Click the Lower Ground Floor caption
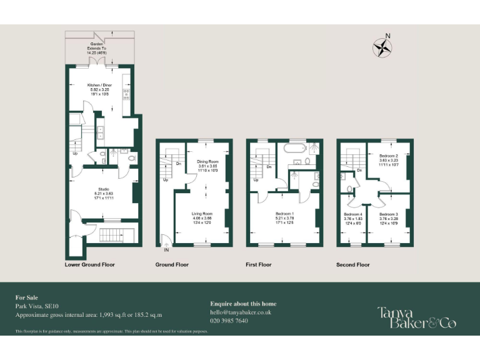90,264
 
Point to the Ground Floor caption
172,264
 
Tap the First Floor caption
259,264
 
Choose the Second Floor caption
353,264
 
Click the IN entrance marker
166,250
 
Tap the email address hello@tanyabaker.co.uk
241,312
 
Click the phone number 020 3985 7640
229,321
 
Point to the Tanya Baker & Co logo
416,317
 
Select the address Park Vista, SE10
36,306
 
